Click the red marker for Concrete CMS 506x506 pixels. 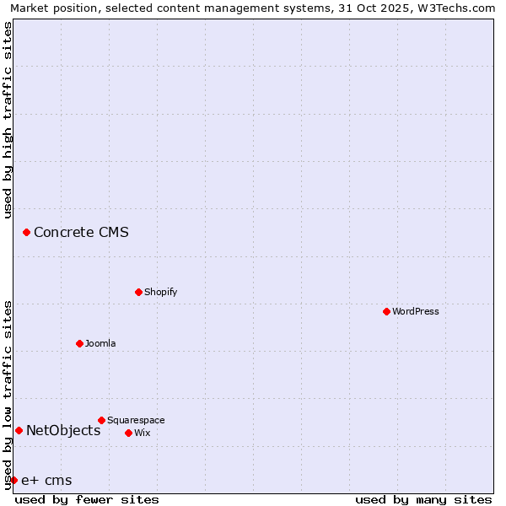(26, 232)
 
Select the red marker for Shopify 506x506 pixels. (138, 292)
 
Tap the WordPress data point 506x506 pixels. (386, 311)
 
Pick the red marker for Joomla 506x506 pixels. (79, 343)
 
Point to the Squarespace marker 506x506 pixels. (101, 420)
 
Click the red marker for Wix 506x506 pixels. (128, 433)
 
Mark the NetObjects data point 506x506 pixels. (19, 431)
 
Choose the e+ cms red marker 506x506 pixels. (13, 480)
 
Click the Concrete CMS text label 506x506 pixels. (81, 233)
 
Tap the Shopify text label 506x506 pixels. (160, 293)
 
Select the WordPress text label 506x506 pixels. (416, 312)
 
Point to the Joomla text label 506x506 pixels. (100, 344)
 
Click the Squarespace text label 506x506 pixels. (136, 421)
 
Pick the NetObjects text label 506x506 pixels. (63, 431)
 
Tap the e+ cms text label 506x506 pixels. (46, 481)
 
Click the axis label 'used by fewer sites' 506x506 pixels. (87, 499)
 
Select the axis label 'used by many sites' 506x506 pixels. (423, 499)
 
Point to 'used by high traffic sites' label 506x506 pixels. (8, 120)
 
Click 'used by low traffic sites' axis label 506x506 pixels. (8, 395)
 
